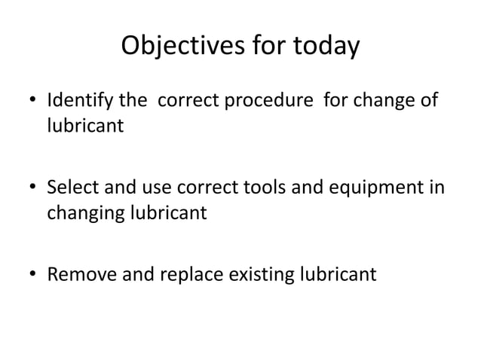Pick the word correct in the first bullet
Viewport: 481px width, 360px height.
[186, 100]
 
